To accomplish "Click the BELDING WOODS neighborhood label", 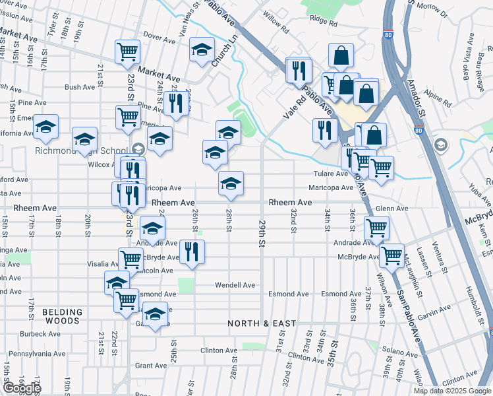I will (x=63, y=316).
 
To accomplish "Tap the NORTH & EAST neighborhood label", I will (x=262, y=323).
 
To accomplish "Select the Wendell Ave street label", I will (x=235, y=285).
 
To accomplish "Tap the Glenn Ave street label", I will (x=391, y=209).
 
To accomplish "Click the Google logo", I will (x=22, y=388).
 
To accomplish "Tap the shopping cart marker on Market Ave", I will (x=127, y=51).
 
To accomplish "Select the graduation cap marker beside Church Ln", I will (x=202, y=49).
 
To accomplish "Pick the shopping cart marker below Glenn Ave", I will (x=376, y=228).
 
